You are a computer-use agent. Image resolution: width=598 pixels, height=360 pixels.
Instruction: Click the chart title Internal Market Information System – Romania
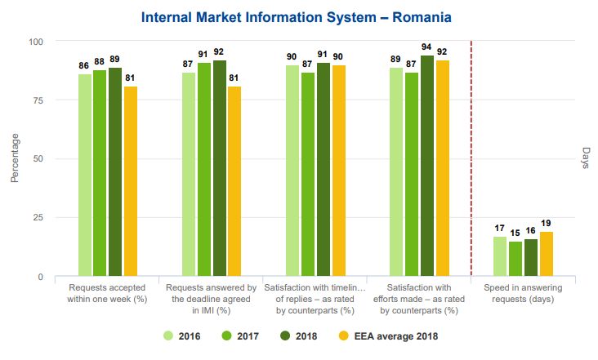pos(296,17)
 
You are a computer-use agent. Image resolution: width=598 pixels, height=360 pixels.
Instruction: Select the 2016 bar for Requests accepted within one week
pos(85,176)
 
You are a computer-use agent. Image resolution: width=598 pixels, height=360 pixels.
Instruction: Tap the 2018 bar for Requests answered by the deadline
pos(220,168)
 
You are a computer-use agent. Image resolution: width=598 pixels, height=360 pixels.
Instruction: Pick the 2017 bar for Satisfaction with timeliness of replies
pos(308,175)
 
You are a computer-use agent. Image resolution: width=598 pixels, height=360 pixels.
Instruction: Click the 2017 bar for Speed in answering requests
pos(515,259)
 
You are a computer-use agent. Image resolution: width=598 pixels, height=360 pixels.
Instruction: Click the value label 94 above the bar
pos(427,47)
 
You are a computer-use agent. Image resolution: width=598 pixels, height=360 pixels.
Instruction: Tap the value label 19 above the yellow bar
pos(547,223)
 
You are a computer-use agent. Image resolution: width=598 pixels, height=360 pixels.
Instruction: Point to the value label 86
pos(84,65)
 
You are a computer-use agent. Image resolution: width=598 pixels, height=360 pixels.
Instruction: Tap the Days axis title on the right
pos(586,159)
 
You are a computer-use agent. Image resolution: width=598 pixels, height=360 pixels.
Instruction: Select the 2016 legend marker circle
pos(169,335)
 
